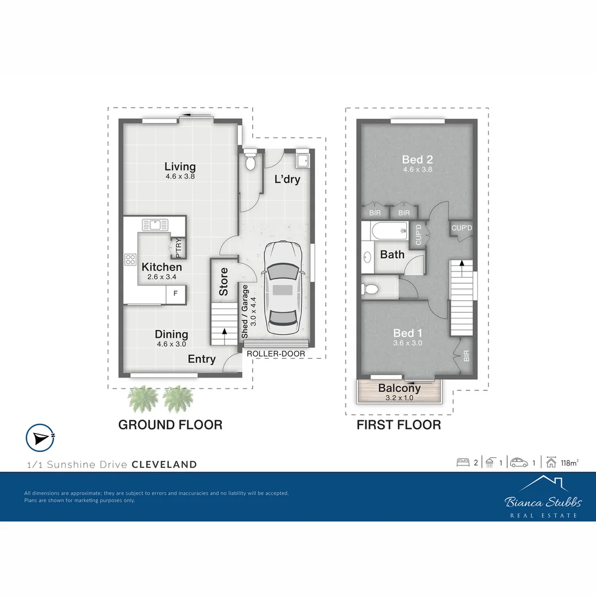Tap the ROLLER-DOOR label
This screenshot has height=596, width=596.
point(276,354)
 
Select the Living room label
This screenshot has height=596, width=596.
point(180,167)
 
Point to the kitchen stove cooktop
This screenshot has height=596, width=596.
point(131,259)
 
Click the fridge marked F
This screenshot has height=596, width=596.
point(175,294)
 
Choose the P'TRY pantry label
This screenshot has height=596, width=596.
point(179,248)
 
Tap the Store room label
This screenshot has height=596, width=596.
point(223,281)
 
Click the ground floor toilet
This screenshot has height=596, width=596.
point(250,162)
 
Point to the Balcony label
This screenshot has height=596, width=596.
point(400,388)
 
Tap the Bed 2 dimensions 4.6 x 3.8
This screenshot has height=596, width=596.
point(418,169)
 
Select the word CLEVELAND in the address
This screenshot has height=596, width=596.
point(164,464)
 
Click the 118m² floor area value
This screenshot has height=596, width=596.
point(569,462)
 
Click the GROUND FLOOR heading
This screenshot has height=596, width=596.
point(171,425)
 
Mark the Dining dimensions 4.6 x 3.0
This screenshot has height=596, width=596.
point(171,344)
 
